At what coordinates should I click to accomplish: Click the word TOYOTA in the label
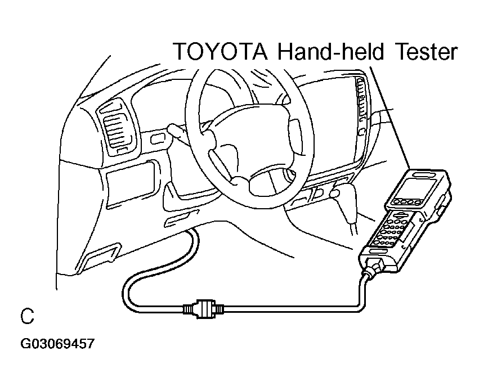pyautogui.click(x=221, y=52)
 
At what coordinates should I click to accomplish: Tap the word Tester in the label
pyautogui.click(x=427, y=52)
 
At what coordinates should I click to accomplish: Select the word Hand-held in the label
pyautogui.click(x=330, y=51)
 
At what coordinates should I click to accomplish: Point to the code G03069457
pyautogui.click(x=57, y=344)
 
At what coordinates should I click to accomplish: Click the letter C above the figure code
pyautogui.click(x=27, y=316)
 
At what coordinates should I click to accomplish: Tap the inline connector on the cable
pyautogui.click(x=203, y=309)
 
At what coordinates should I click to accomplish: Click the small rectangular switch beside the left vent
pyautogui.click(x=156, y=139)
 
